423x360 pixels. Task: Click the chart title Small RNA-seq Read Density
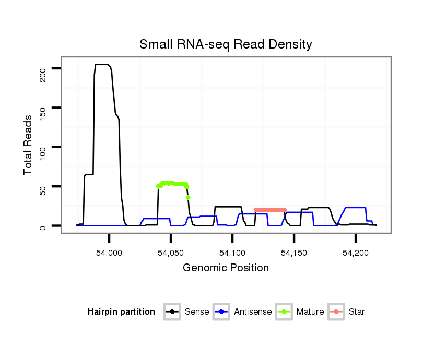tap(226, 44)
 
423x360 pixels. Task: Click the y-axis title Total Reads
tap(29, 145)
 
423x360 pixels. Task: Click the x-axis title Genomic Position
tap(226, 268)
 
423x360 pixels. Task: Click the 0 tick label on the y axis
tap(42, 226)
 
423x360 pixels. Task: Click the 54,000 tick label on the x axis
tap(109, 253)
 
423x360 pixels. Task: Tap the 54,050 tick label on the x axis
tap(171, 253)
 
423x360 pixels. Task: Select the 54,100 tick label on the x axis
tap(232, 253)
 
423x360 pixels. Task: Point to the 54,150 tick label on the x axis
tap(294, 253)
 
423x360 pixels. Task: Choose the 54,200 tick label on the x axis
tap(356, 253)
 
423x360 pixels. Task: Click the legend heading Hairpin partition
tap(121, 312)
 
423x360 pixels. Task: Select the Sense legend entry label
tap(197, 312)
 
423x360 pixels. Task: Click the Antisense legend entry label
tap(253, 312)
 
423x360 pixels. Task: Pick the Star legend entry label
tap(357, 312)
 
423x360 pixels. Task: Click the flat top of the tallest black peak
tap(102, 65)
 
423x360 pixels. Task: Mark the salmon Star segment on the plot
tap(270, 210)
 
